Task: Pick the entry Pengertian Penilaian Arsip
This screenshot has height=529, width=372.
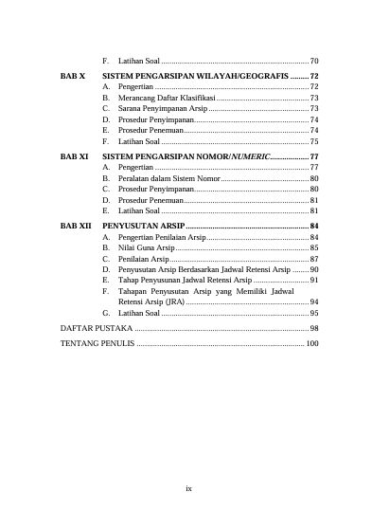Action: [x=162, y=236]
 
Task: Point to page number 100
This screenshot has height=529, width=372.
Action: [x=312, y=342]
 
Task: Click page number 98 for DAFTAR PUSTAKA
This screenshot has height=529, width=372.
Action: [x=314, y=327]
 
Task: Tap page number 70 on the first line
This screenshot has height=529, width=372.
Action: [x=314, y=61]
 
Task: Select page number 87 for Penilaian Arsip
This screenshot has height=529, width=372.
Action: [x=314, y=259]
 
